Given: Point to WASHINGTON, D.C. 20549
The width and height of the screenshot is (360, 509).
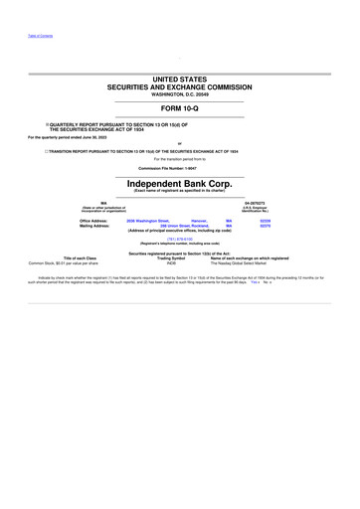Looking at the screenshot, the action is [179, 93].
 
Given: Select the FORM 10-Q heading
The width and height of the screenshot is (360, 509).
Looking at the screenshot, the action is [179, 109].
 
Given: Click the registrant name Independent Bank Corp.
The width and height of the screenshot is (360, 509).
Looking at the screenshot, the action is [179, 183].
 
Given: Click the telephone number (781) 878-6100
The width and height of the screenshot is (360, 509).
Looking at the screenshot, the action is [179, 239].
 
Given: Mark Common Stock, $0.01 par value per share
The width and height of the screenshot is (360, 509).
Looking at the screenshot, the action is [70, 262].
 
